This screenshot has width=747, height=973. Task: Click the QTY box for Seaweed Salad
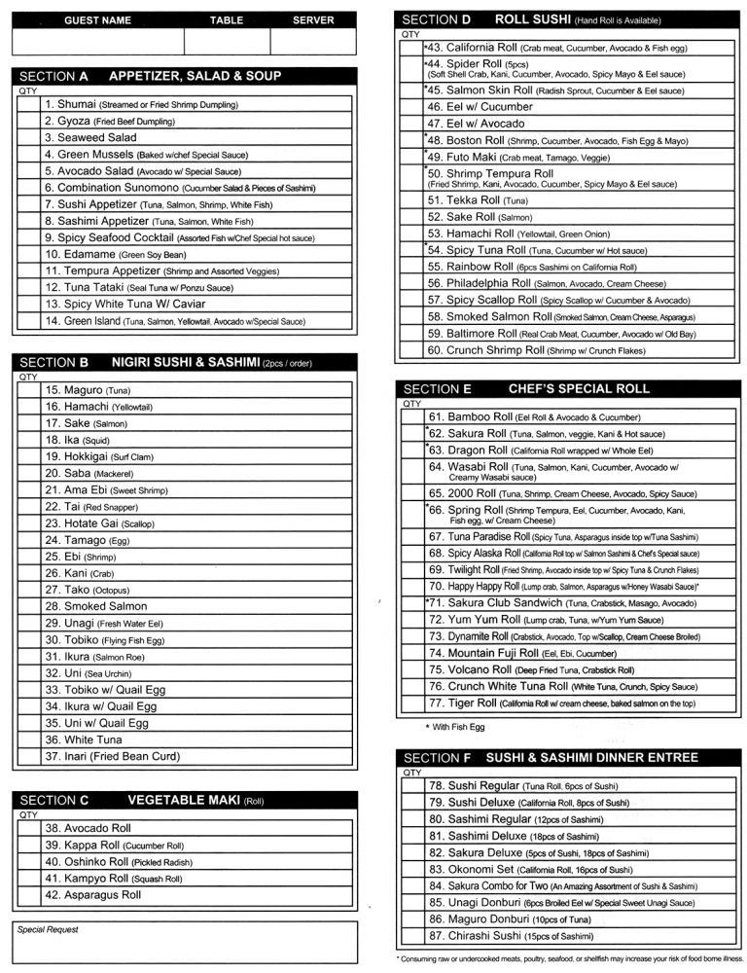click(28, 138)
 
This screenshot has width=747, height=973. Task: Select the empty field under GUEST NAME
click(97, 42)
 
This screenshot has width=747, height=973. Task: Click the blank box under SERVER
click(312, 42)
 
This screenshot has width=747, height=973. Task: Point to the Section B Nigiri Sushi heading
click(185, 363)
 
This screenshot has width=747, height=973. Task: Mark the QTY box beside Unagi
click(28, 623)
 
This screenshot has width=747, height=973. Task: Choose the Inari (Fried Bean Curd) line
click(112, 756)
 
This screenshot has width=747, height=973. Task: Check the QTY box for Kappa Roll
click(28, 846)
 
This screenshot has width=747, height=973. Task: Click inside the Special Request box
click(185, 944)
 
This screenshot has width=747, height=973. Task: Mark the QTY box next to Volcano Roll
click(412, 669)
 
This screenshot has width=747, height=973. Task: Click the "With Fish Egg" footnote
click(456, 727)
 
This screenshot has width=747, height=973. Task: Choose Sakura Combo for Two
click(563, 886)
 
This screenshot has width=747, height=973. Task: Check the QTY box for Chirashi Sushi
click(412, 936)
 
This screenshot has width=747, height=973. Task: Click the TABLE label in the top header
click(227, 19)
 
